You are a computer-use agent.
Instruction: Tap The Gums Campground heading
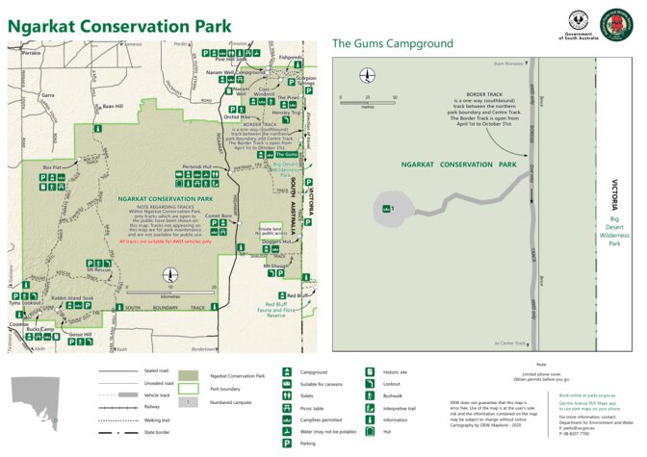pos(392,43)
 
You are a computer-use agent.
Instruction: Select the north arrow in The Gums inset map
pos(366,75)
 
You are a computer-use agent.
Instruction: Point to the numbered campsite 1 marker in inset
pos(388,208)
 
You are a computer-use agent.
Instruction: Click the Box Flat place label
pos(52,167)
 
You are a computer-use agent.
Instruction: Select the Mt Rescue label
pos(99,270)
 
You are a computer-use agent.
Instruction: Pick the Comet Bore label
pos(220,216)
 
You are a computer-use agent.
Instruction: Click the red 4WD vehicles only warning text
pos(165,241)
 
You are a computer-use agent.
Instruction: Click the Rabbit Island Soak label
pos(73,298)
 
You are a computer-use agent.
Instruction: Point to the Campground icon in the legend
pos(287,370)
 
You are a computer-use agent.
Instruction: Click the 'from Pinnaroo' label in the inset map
pos(507,63)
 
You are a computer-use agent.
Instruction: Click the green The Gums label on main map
pos(286,154)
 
